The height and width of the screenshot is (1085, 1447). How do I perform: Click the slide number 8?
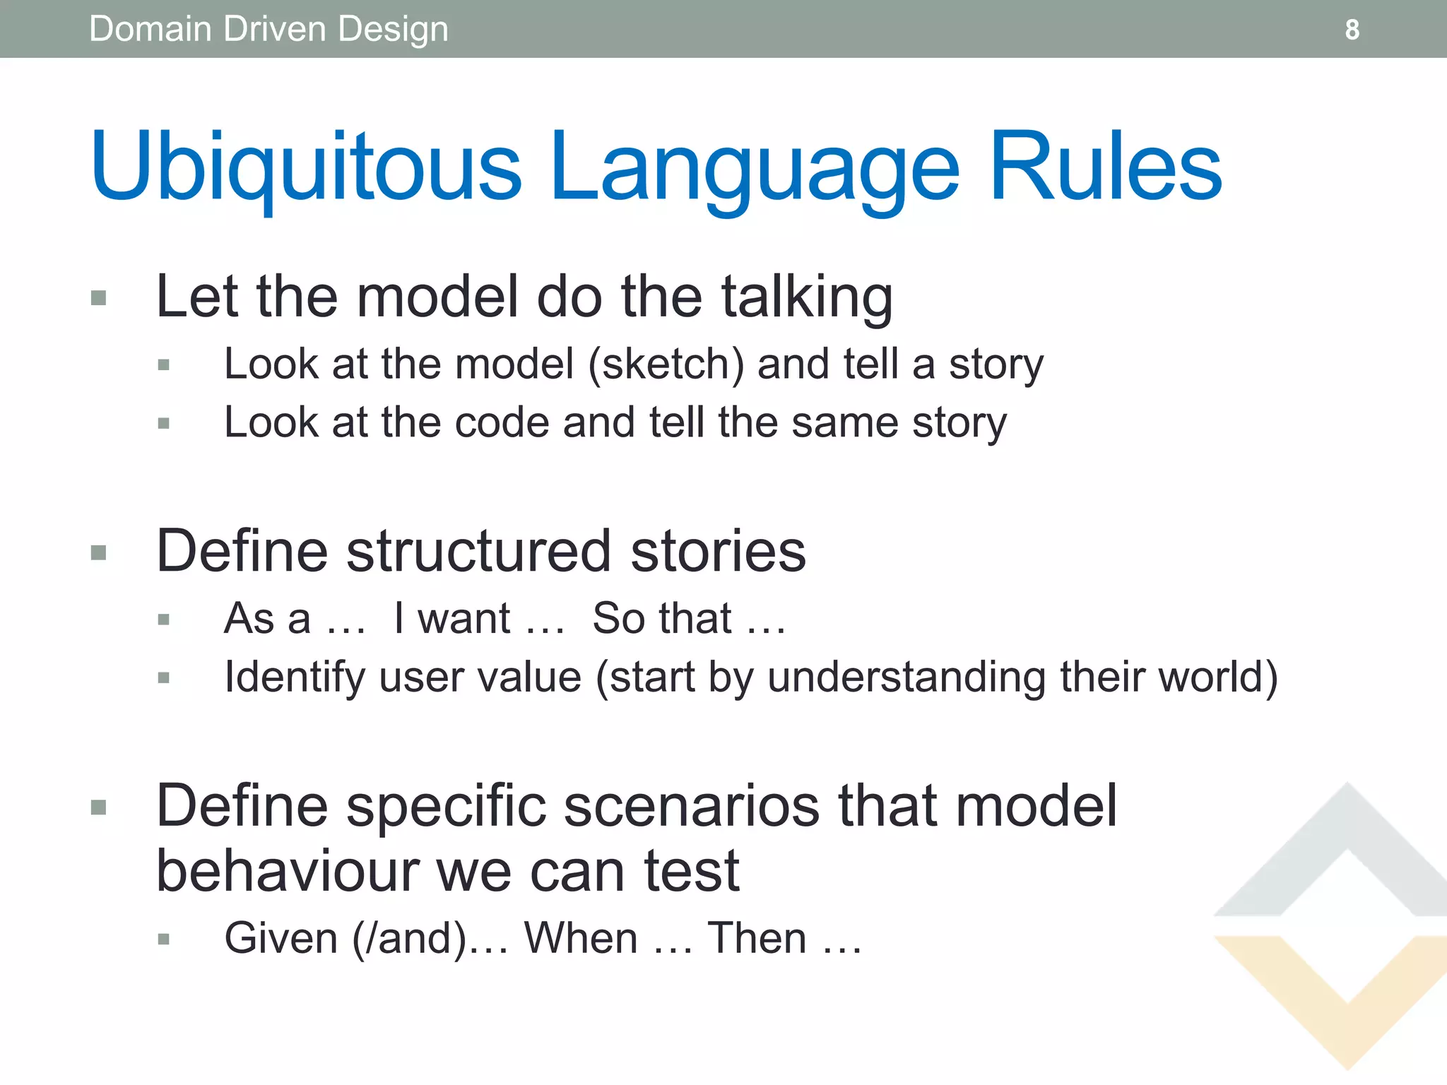(1352, 30)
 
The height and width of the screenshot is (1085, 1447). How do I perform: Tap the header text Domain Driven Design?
(268, 30)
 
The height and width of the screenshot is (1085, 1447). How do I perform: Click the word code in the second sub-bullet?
(501, 422)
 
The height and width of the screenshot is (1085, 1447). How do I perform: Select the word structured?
(478, 551)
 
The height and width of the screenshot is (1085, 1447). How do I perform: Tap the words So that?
(661, 619)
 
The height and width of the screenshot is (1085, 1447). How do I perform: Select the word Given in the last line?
(281, 938)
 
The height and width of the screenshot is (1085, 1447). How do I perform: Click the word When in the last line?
(581, 938)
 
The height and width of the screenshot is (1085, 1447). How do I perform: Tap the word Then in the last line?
(757, 938)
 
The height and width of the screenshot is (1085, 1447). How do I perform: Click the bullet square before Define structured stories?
(99, 552)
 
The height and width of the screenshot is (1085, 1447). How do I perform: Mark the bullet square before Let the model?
(99, 297)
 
